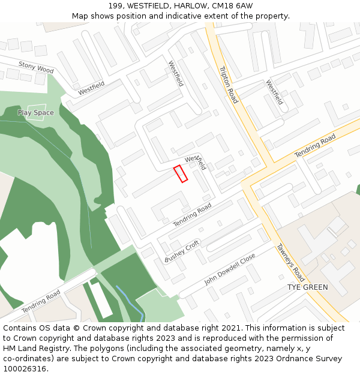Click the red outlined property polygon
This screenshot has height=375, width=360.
click(181, 173)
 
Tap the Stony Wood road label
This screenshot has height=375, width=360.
click(36, 67)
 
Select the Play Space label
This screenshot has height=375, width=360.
click(35, 113)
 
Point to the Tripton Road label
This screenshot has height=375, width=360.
click(229, 85)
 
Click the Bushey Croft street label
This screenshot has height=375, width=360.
click(182, 251)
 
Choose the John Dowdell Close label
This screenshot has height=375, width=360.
click(230, 268)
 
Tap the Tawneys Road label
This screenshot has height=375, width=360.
click(290, 262)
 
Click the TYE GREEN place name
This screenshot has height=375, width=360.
click(307, 287)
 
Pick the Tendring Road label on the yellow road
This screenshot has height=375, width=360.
click(315, 146)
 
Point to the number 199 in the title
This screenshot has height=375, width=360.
click(116, 6)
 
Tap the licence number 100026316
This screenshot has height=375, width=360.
click(25, 369)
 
